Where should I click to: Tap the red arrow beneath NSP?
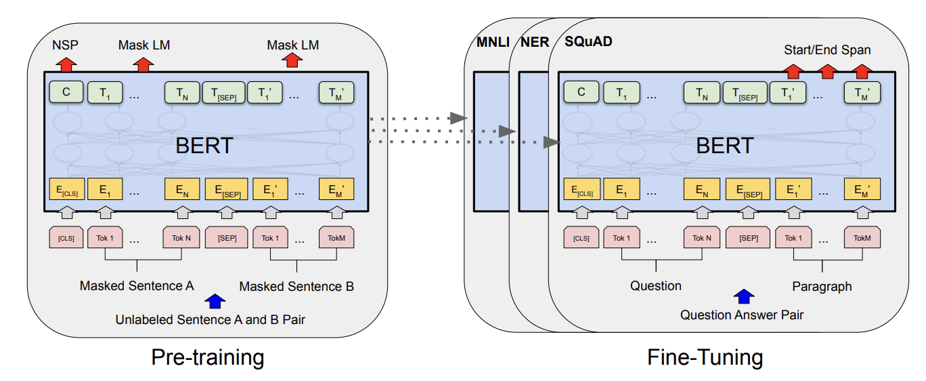click(x=66, y=64)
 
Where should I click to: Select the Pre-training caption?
click(x=207, y=357)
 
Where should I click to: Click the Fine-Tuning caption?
click(x=705, y=357)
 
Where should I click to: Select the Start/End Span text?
click(x=827, y=49)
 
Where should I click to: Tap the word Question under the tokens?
click(x=655, y=286)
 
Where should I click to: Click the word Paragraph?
click(x=822, y=286)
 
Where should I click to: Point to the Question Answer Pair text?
click(x=742, y=315)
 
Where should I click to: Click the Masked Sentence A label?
click(x=136, y=286)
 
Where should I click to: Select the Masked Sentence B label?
click(x=296, y=286)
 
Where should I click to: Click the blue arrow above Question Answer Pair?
click(x=743, y=296)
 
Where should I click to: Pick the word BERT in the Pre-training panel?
click(x=204, y=145)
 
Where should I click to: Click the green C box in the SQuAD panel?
click(x=581, y=92)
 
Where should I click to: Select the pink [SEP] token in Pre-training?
click(x=227, y=238)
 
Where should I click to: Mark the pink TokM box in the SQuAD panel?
click(x=862, y=238)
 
